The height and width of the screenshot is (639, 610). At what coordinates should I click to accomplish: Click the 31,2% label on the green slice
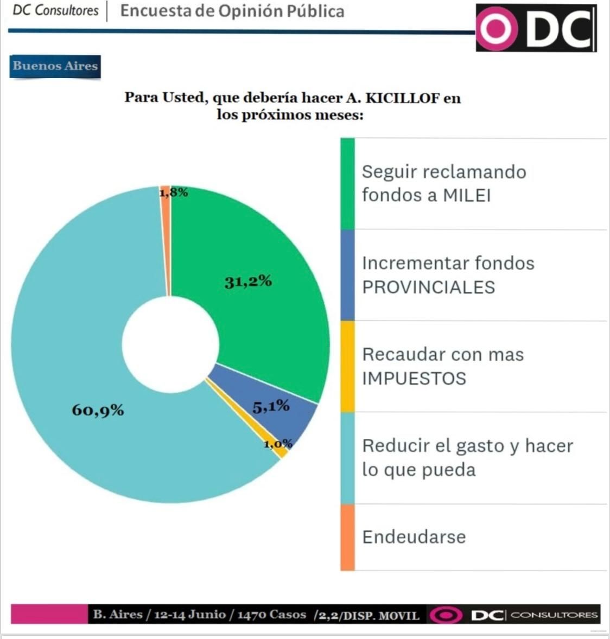tap(248, 282)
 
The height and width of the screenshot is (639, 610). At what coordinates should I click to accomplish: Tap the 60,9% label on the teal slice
tap(98, 410)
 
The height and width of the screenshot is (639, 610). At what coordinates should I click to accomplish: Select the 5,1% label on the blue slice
tap(271, 406)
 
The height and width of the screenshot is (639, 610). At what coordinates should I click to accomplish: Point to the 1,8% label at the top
tap(174, 192)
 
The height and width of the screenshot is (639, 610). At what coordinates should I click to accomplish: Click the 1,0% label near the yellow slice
tap(278, 444)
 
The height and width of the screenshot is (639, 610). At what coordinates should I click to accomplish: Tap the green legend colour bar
tap(347, 183)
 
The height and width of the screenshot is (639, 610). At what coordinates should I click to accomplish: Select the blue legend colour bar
tap(347, 275)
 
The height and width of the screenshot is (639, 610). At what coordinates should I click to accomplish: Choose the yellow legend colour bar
tap(347, 366)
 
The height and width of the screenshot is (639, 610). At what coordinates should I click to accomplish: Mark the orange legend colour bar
tap(347, 537)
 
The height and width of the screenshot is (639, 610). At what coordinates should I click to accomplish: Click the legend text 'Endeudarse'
tap(414, 537)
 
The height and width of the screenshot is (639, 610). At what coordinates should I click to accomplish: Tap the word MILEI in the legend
tap(467, 195)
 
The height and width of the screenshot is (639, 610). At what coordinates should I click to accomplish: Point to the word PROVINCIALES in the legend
tap(429, 287)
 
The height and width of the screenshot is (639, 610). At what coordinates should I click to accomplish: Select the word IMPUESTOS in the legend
tap(414, 378)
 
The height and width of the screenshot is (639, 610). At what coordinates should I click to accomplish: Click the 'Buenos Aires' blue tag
tap(55, 66)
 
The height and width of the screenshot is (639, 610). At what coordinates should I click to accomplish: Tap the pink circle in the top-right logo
tap(495, 28)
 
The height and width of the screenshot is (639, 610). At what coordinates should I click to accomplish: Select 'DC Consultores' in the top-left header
tap(55, 10)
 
